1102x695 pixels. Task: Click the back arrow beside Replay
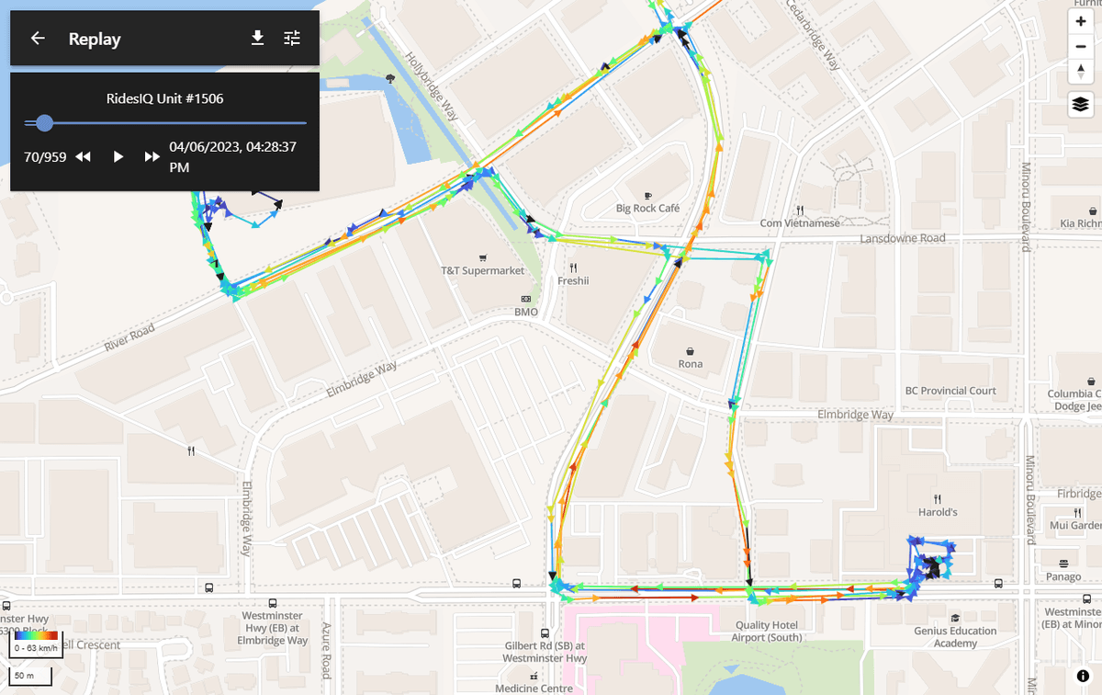(38, 39)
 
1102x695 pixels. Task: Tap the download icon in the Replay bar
(258, 38)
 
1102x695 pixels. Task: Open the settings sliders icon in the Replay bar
(292, 38)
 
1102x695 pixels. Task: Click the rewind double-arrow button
(83, 157)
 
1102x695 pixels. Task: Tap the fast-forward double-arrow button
(152, 157)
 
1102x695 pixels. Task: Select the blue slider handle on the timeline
(43, 122)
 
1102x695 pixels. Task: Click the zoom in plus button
(1081, 21)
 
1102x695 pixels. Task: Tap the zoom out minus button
(1081, 47)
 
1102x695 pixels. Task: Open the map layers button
(1081, 104)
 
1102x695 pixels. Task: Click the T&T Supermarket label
(483, 270)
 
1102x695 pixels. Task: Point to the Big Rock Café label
(648, 208)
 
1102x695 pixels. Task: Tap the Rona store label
(691, 363)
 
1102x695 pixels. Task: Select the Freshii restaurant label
(573, 280)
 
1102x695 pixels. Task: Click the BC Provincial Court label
(950, 391)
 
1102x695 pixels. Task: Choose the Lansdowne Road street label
(902, 239)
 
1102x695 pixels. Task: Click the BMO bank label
(525, 312)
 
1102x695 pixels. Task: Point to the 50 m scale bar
(30, 677)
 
